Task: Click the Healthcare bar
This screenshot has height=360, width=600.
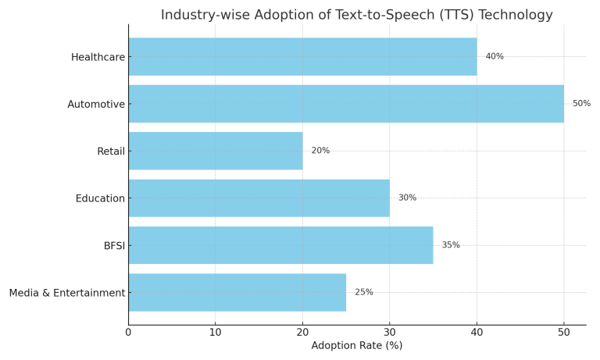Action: tap(302, 57)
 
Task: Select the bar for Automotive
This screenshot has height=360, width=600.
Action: tap(346, 104)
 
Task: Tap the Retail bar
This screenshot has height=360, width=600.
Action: tap(216, 151)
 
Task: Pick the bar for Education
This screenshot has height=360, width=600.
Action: tap(259, 198)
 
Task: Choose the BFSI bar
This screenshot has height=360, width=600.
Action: tap(280, 245)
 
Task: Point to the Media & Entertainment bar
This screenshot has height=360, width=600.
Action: tap(237, 292)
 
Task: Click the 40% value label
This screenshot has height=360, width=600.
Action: tap(495, 57)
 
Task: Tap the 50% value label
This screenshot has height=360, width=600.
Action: tap(581, 104)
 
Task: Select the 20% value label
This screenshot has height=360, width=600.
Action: tap(320, 151)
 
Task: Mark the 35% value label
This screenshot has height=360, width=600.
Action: tap(451, 245)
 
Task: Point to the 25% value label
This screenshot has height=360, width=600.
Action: tap(364, 292)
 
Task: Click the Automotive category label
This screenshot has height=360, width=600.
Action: tap(96, 105)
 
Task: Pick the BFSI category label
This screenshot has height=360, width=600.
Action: tap(114, 246)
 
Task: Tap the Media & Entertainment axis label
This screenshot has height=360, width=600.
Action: tap(67, 293)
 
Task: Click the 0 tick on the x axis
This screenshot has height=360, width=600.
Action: tap(128, 332)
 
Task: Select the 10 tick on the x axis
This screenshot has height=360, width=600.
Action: tap(216, 332)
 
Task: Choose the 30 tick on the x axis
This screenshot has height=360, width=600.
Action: tap(390, 332)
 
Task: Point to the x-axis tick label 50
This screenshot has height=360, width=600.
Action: tap(564, 332)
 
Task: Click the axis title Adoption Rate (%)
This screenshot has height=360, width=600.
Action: tap(357, 346)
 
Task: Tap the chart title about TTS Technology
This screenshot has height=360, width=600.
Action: tap(357, 15)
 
